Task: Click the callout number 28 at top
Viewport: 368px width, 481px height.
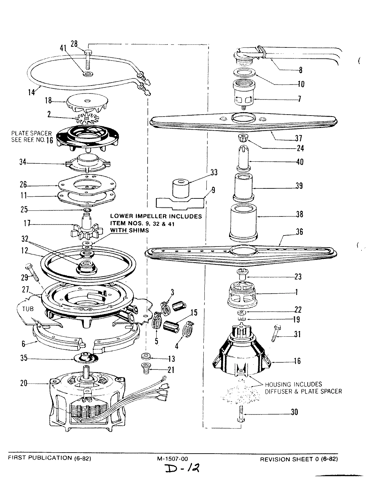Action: click(74, 43)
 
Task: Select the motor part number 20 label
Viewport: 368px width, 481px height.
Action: click(23, 383)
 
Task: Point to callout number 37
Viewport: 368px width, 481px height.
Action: click(298, 138)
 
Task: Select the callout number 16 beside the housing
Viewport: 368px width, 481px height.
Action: click(297, 361)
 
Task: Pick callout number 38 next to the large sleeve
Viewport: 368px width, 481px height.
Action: click(299, 214)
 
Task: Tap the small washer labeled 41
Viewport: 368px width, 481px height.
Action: click(87, 72)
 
